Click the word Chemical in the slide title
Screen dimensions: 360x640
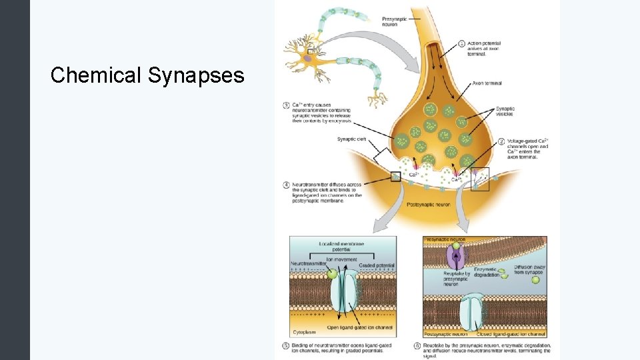click(96, 75)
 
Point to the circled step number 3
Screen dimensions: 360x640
click(287, 105)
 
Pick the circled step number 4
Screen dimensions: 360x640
click(287, 184)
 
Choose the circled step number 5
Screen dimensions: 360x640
click(287, 345)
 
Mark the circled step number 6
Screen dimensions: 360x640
click(417, 345)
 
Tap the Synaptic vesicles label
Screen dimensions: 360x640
click(505, 112)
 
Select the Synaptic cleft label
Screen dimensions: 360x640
click(352, 139)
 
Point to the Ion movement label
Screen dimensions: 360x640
click(341, 259)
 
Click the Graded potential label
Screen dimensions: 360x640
click(377, 265)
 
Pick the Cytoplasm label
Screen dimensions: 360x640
click(304, 331)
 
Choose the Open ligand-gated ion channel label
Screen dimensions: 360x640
click(361, 328)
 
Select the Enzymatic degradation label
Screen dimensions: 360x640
click(487, 272)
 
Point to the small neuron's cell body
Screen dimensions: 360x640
click(309, 59)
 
